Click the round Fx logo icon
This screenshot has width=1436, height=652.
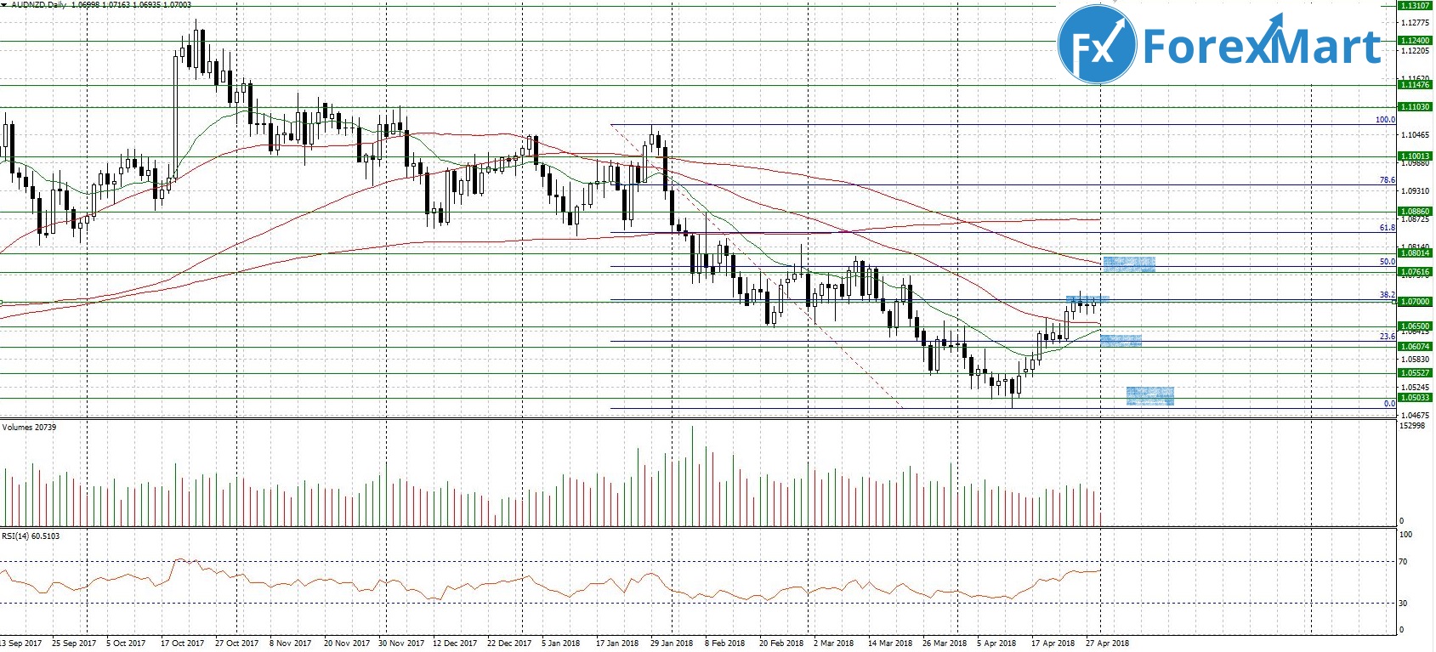click(1098, 44)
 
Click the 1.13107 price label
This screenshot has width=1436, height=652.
click(1415, 6)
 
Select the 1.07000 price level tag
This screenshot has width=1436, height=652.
click(1415, 302)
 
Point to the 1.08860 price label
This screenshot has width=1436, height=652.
click(1415, 212)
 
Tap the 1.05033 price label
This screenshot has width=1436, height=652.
click(1415, 398)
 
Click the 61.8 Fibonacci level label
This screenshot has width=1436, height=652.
click(1387, 228)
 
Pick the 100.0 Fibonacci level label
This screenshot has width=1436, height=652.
click(1385, 120)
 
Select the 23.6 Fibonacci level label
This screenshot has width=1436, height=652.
click(1387, 337)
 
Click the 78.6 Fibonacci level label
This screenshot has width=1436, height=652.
click(1387, 180)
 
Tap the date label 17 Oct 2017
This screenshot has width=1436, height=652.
click(183, 643)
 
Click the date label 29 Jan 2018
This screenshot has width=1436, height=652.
click(672, 643)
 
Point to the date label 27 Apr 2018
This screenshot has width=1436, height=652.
click(1108, 643)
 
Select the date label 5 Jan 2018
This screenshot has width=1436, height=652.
click(560, 643)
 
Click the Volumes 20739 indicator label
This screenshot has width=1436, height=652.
click(29, 427)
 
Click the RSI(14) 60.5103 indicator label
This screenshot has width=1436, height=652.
click(31, 536)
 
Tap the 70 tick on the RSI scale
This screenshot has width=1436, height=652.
click(1403, 562)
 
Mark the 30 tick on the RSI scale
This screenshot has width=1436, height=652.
click(1403, 604)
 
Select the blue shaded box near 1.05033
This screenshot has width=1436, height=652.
click(1149, 395)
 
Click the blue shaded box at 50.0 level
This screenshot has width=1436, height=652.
click(1128, 264)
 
